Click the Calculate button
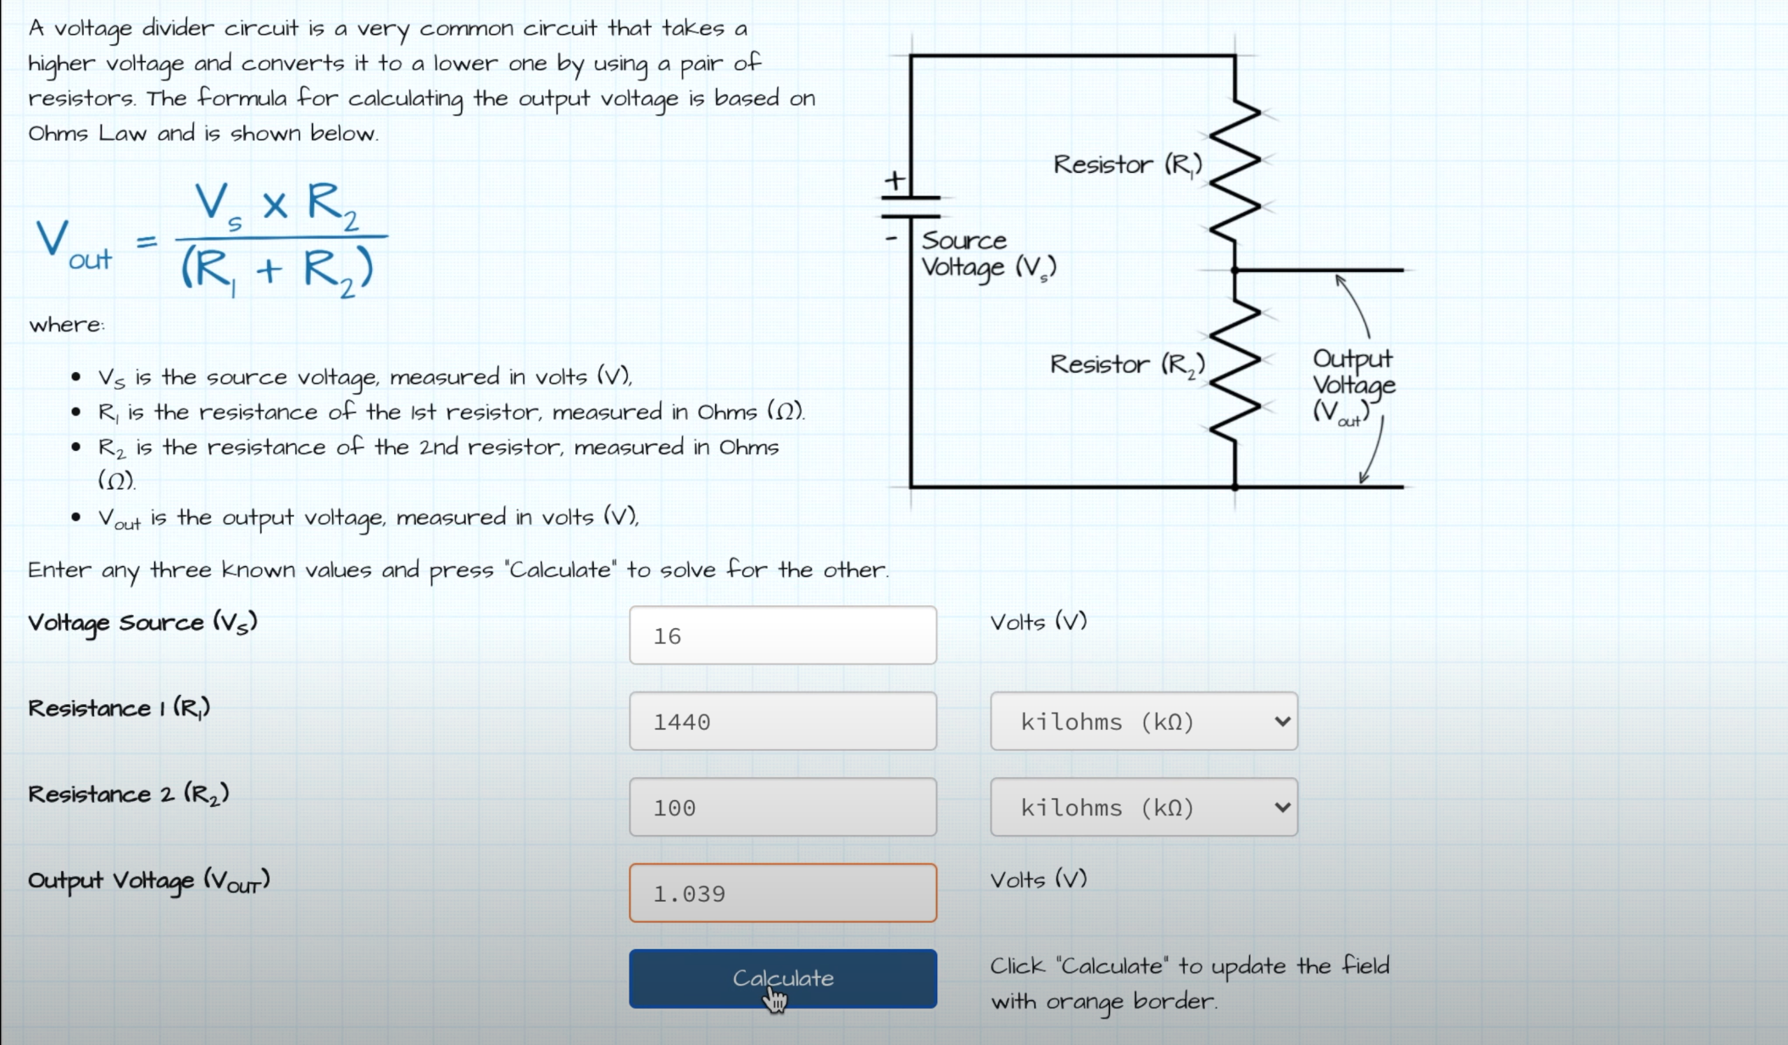pos(782,978)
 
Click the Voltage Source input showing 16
pos(782,636)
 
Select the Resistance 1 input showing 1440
pos(782,721)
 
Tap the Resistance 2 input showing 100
pos(782,807)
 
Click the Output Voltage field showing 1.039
pos(782,893)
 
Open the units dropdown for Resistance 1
pos(1143,721)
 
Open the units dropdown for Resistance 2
pos(1143,807)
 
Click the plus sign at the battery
pos(894,180)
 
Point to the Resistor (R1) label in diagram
pos(1127,164)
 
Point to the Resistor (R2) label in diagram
pos(1127,364)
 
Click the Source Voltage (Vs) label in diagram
pos(987,254)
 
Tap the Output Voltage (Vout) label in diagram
pos(1352,386)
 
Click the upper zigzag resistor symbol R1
pos(1235,170)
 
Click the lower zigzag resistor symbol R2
pos(1235,373)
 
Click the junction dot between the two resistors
pos(1235,270)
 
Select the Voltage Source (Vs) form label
pos(142,623)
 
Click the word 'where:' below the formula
pos(67,325)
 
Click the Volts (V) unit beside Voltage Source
pos(1038,622)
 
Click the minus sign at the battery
pos(891,238)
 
